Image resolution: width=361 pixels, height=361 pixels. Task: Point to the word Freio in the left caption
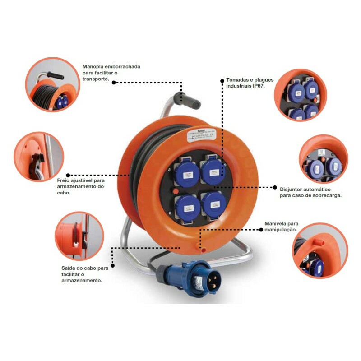[76, 180]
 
